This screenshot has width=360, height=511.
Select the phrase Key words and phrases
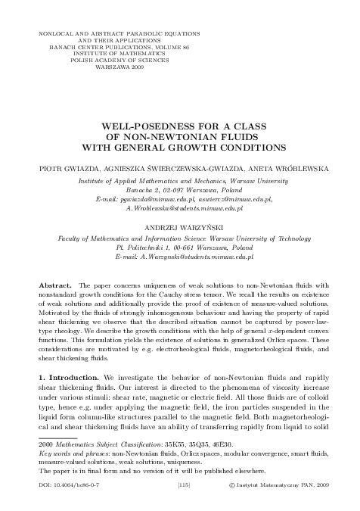[74, 477]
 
